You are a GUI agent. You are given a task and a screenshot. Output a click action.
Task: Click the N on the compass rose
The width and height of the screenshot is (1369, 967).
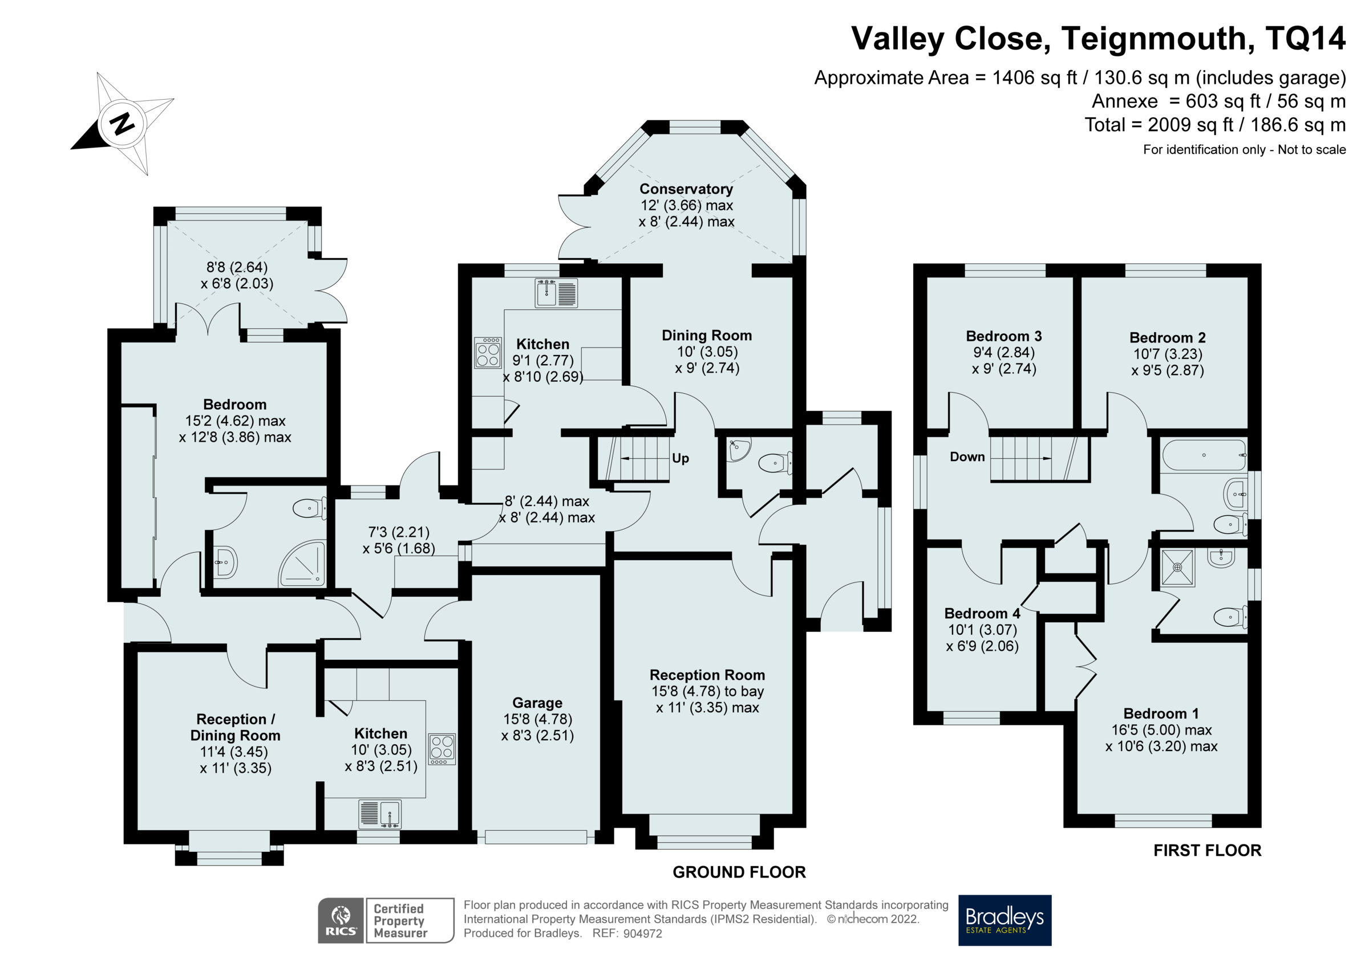[122, 123]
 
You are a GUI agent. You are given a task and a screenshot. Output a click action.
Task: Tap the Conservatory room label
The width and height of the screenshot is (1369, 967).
[686, 189]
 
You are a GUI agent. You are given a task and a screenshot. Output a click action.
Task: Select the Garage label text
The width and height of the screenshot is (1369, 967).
[537, 703]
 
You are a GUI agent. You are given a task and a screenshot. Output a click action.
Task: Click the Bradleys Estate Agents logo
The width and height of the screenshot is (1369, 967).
[1004, 920]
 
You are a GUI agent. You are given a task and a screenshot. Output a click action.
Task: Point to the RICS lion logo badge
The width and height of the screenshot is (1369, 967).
[341, 920]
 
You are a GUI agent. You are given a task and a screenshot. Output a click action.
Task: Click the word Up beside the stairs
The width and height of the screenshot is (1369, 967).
[681, 458]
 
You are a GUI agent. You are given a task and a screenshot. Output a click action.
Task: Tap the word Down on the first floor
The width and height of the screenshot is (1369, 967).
[967, 457]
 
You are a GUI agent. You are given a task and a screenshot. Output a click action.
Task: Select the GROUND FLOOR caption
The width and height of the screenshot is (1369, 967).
[739, 872]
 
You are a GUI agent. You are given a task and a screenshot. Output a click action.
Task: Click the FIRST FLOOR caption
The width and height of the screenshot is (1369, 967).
[1207, 850]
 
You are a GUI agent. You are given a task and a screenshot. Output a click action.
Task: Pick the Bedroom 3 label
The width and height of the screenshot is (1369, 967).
[1003, 336]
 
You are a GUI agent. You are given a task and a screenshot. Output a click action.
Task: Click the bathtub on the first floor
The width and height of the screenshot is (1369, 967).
[1203, 455]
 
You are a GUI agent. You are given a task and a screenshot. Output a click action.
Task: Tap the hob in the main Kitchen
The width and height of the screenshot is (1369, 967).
[488, 352]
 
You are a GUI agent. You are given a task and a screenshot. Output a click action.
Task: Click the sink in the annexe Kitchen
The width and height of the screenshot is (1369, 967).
[380, 814]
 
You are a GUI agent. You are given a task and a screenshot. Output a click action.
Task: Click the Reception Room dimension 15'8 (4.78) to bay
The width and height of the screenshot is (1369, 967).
[707, 691]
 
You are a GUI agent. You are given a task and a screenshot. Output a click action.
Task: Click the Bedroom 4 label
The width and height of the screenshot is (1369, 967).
[982, 613]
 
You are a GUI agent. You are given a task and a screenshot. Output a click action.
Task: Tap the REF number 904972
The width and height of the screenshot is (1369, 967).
[642, 933]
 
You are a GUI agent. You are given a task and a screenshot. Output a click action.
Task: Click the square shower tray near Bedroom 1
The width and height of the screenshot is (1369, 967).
[1177, 567]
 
